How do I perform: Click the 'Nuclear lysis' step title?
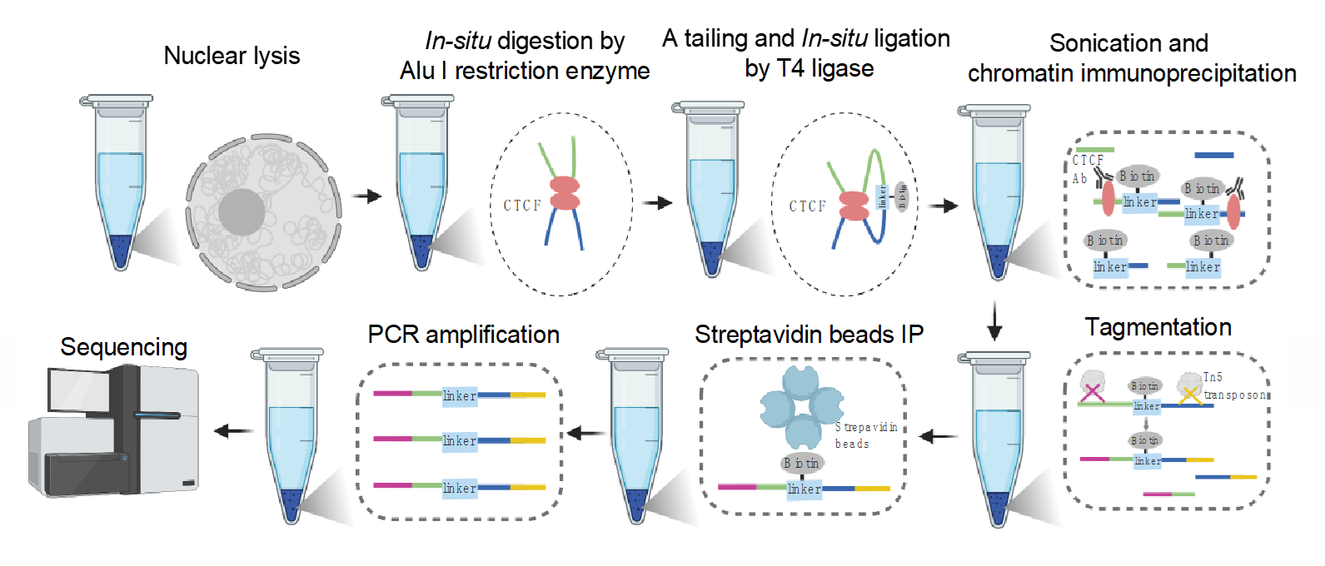(x=232, y=56)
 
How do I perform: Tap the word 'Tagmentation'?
(x=1158, y=327)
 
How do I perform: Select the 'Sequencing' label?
(x=124, y=347)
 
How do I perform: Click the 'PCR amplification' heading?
(x=463, y=335)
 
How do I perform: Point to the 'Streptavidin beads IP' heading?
(x=809, y=335)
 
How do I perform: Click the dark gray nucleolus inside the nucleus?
(x=242, y=213)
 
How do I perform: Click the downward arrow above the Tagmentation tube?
(x=994, y=321)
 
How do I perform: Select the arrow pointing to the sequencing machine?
(x=234, y=430)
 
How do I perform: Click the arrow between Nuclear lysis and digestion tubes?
(x=366, y=196)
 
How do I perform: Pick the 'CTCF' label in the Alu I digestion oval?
(x=522, y=206)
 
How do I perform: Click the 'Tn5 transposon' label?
(x=1233, y=386)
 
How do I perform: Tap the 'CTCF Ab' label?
(x=1086, y=169)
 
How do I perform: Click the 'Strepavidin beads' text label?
(x=865, y=435)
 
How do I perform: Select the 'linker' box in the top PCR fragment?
(x=460, y=395)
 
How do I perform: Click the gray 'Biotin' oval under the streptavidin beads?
(x=801, y=463)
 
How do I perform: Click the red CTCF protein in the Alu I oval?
(x=564, y=193)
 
